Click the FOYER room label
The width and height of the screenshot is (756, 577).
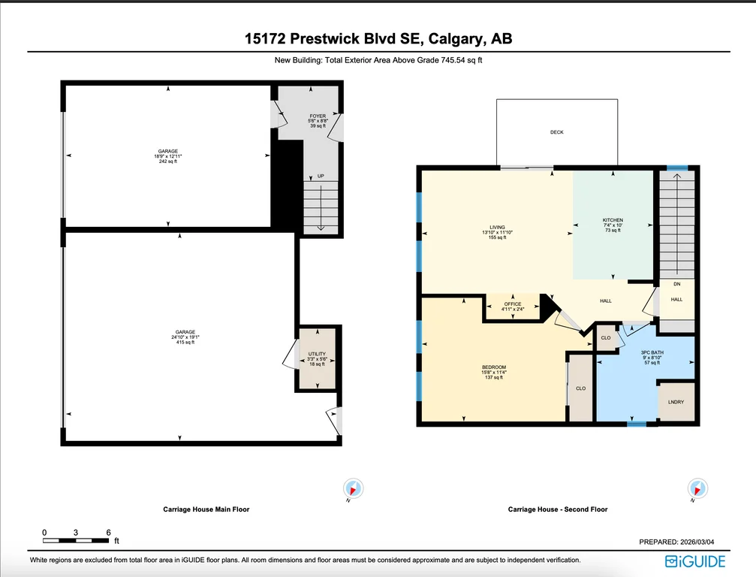[318, 116]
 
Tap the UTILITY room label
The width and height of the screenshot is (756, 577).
[317, 354]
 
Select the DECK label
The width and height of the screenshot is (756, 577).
[557, 131]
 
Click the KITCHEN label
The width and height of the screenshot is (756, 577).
[613, 220]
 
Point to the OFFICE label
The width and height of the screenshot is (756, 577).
[513, 304]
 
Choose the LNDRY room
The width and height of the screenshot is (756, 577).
[676, 402]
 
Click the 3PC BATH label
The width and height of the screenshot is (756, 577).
[652, 352]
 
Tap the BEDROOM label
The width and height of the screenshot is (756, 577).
[494, 367]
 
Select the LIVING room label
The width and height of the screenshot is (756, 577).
[497, 227]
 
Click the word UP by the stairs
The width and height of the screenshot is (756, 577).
[321, 176]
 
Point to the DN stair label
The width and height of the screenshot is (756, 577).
[677, 284]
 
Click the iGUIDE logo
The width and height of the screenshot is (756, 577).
[694, 561]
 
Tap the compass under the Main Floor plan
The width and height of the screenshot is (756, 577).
[353, 488]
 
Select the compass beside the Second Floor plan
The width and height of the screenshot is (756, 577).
[697, 488]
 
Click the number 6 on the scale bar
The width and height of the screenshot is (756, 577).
[108, 533]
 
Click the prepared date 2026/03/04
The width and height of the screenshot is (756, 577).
[697, 542]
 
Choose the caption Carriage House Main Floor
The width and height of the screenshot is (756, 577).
[206, 509]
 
